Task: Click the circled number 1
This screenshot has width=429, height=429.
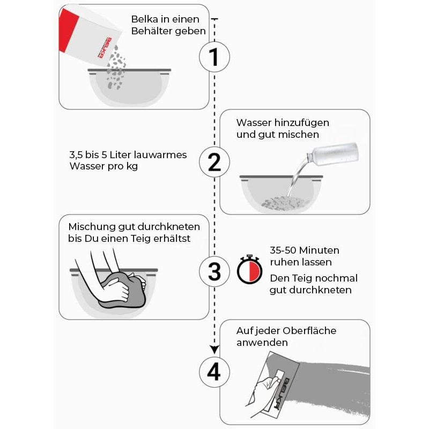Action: (x=214, y=57)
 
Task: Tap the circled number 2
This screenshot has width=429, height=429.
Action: (x=214, y=162)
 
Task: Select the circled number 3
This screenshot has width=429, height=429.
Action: (x=214, y=271)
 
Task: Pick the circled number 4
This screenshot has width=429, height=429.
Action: (x=214, y=372)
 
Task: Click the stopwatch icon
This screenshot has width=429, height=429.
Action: (x=249, y=270)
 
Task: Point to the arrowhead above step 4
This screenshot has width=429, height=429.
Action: (x=214, y=350)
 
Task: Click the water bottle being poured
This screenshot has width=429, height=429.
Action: (x=332, y=154)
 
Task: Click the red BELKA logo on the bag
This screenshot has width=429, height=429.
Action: (x=105, y=48)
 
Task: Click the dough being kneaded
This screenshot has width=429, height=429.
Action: (x=124, y=290)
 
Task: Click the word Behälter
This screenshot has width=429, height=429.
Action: (x=152, y=31)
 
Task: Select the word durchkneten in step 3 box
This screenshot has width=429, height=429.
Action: (x=168, y=227)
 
